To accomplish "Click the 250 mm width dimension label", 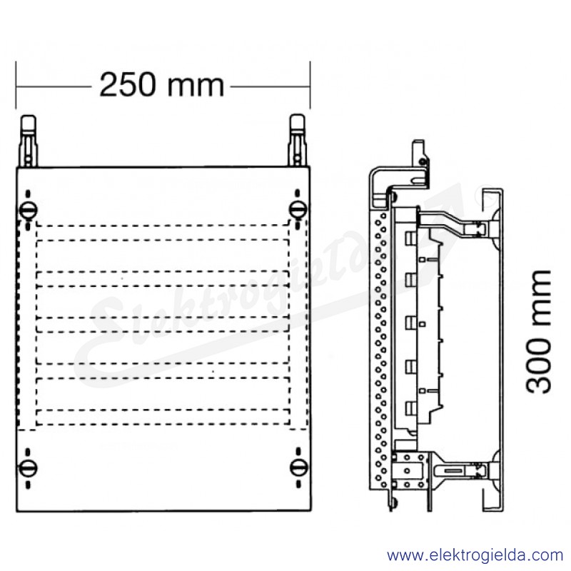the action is coord(161,85).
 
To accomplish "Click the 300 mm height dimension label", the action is coord(538,332).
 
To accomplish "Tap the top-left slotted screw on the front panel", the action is coord(28,210).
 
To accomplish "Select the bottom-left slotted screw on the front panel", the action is coord(28,468).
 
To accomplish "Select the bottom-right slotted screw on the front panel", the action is coord(298,468).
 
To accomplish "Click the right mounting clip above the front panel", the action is coord(298,141).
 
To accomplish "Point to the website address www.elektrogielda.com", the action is coord(475,555).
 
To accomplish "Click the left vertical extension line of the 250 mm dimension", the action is coord(16,85).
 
